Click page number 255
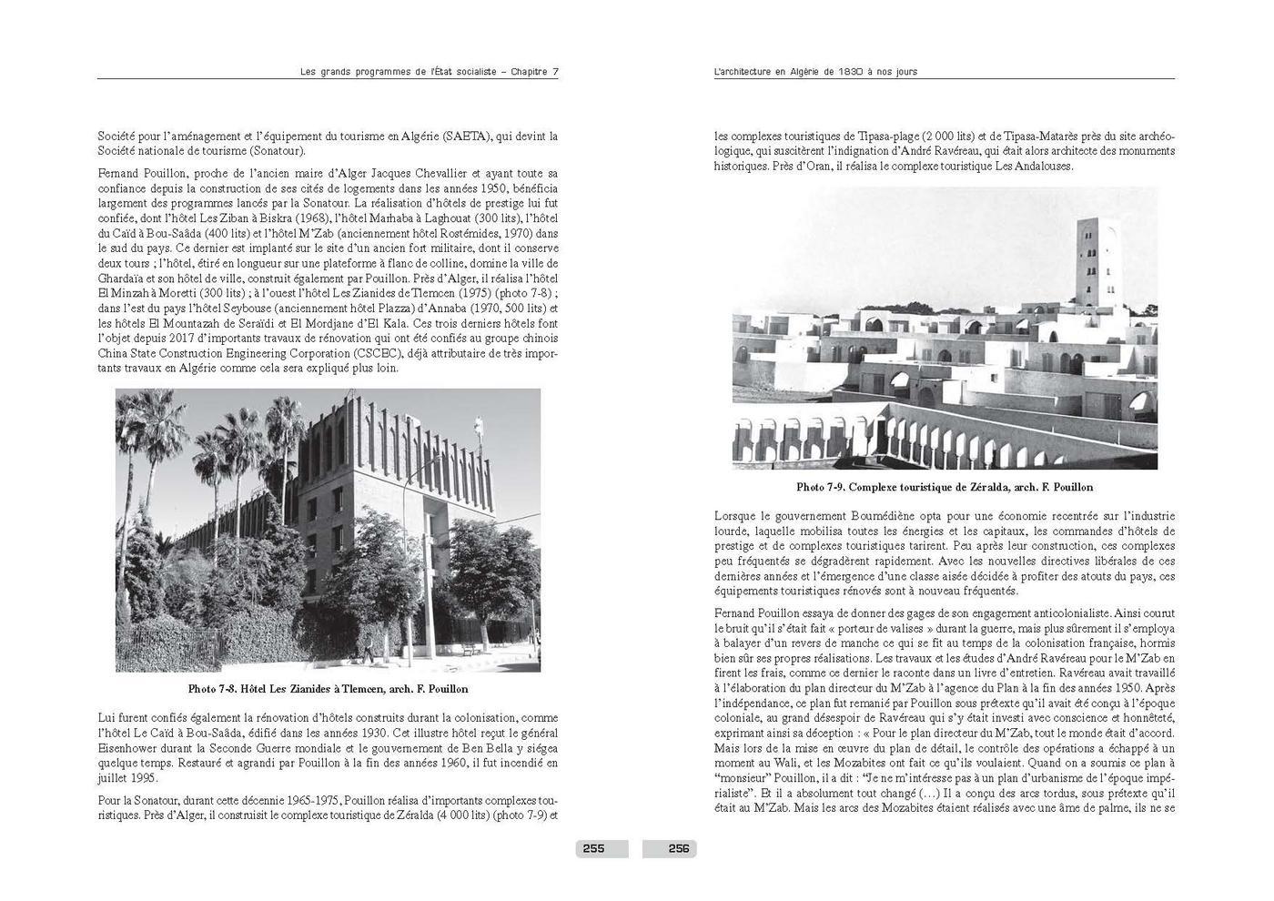[x=593, y=849]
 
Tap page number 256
[x=679, y=849]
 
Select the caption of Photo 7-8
[x=328, y=689]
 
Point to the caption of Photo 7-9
[x=945, y=487]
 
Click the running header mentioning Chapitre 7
[x=429, y=72]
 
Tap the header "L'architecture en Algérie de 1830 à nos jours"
[x=815, y=72]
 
